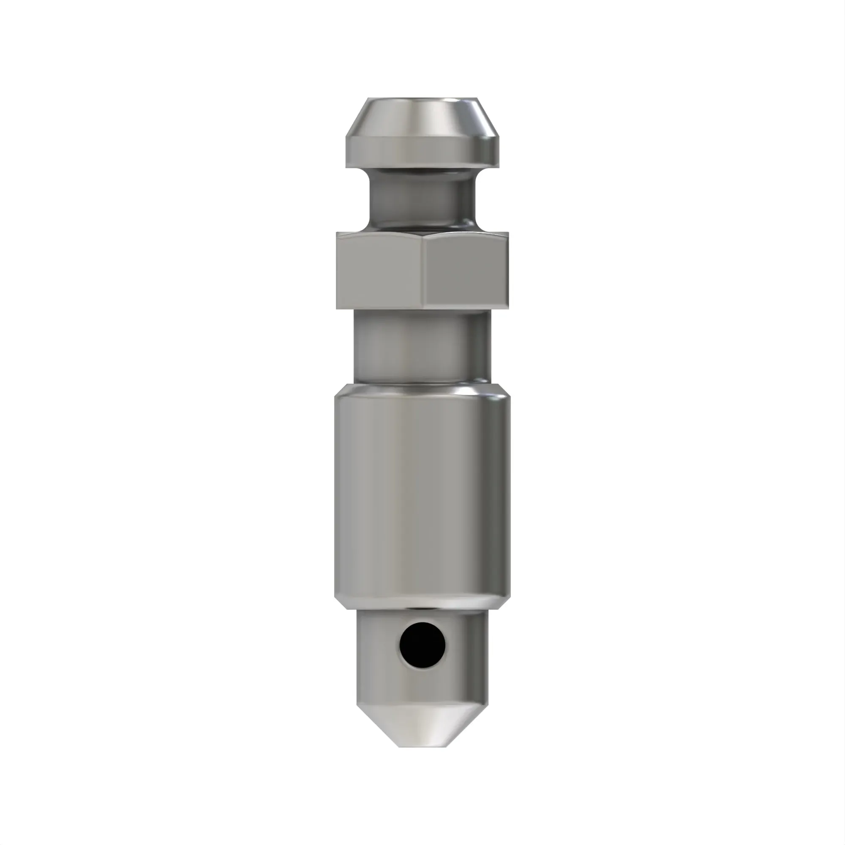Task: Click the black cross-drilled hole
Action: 422,645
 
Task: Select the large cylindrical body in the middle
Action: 422,494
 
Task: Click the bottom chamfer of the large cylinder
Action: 422,603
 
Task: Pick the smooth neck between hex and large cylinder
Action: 422,346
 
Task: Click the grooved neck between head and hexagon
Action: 422,199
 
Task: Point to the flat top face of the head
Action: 422,98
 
